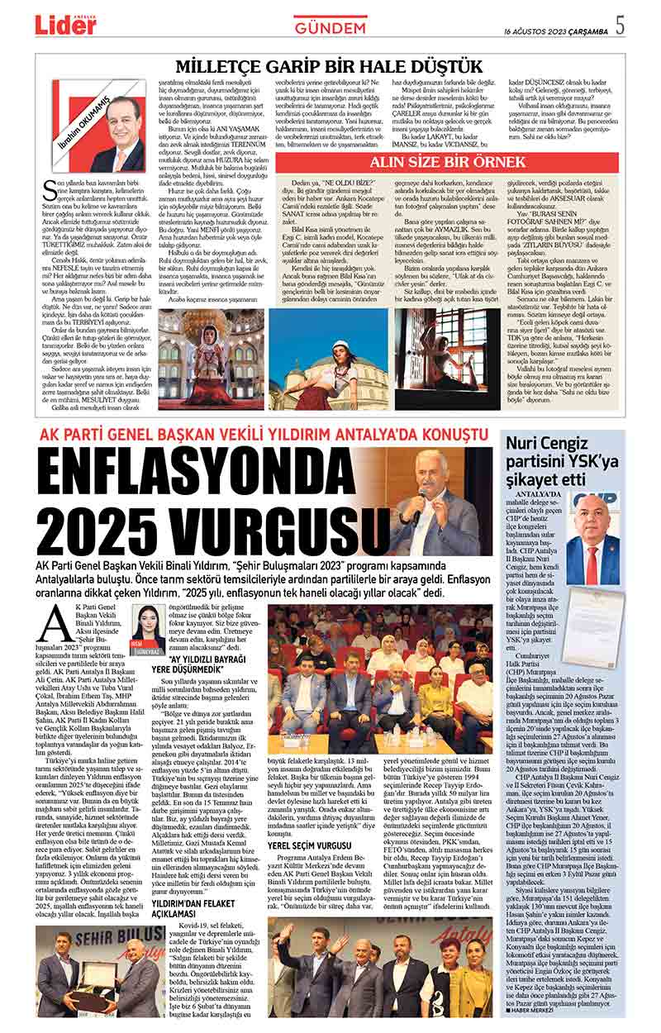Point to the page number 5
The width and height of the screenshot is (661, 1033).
[620, 26]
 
